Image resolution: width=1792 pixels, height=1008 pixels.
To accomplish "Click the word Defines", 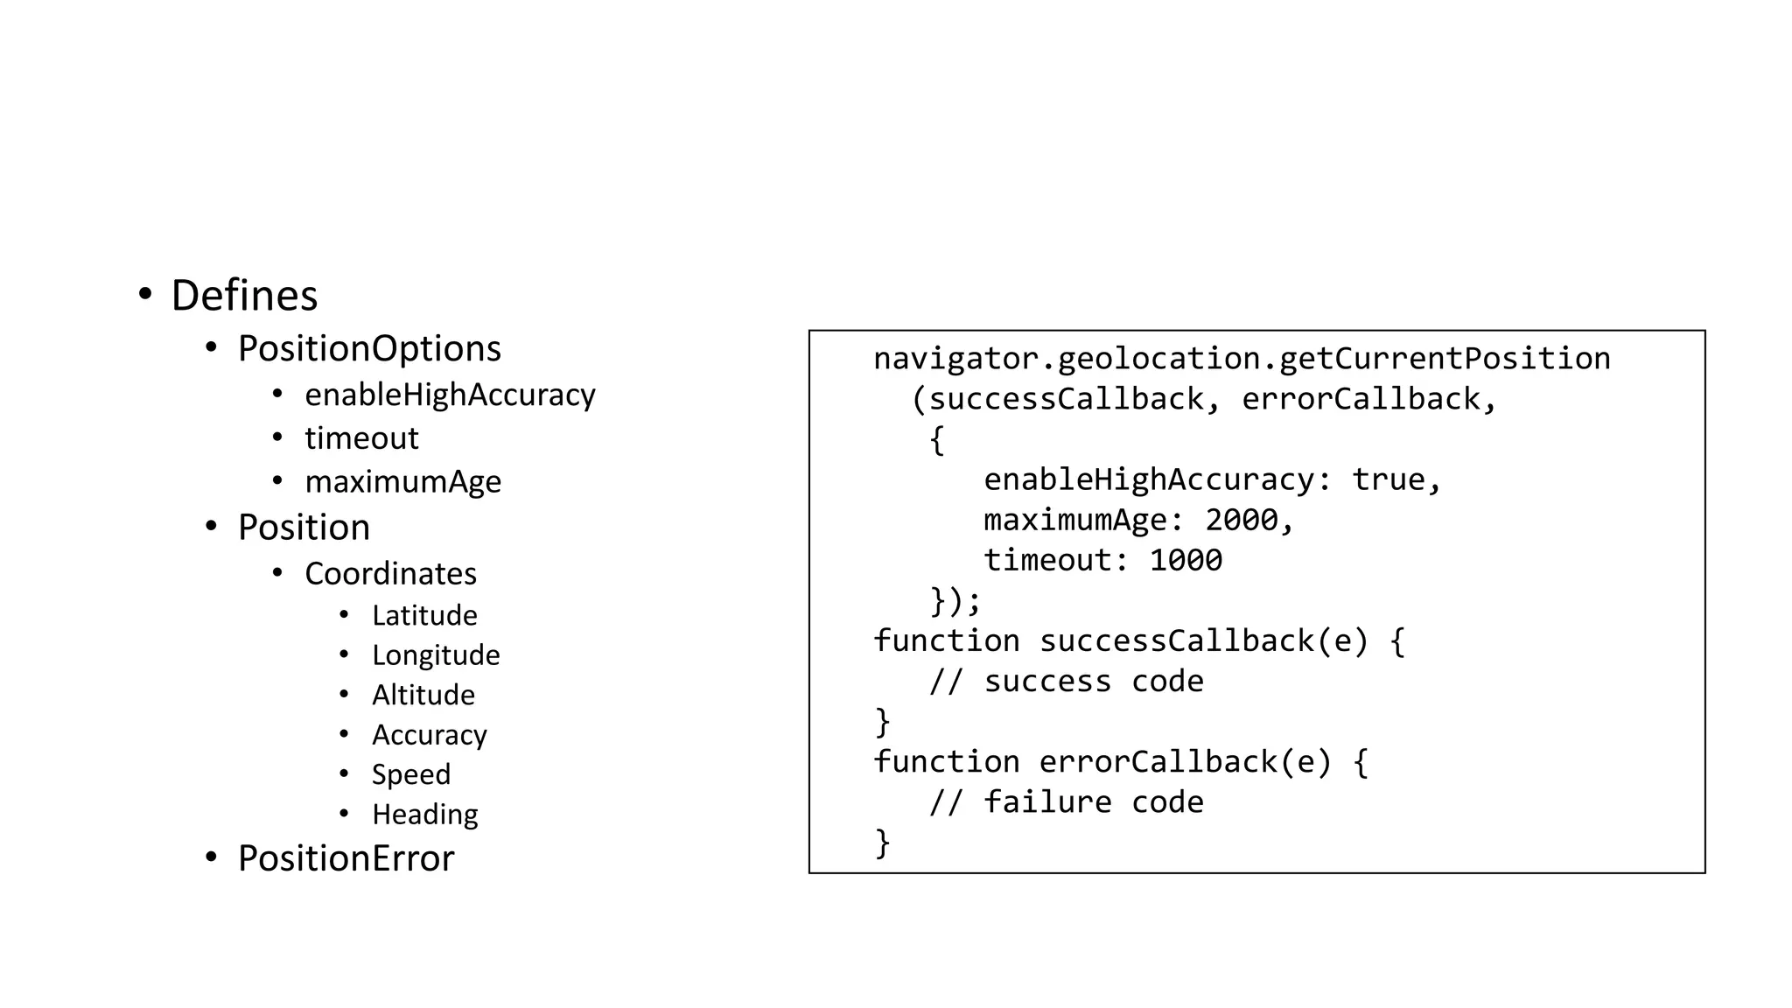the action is coord(244,296).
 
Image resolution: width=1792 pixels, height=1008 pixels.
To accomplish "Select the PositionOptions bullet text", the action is coord(369,348).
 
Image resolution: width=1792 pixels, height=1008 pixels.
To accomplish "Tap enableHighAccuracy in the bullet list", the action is coord(450,395).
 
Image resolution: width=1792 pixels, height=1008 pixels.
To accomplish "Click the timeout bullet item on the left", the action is coord(361,437).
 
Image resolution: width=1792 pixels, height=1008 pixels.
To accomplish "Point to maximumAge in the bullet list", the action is coord(402,481).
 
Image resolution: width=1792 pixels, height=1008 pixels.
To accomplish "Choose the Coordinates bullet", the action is coord(390,574).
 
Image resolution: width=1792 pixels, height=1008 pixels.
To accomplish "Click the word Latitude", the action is coord(424,615).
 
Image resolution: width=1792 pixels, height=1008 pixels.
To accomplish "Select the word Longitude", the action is coord(436,655).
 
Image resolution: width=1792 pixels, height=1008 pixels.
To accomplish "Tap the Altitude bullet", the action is coord(423,695).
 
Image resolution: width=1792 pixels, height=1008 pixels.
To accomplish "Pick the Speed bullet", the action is coord(411,774).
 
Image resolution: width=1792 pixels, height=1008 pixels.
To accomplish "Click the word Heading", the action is coord(425,815).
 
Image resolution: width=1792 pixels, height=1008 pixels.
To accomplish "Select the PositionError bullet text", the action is coord(346,858).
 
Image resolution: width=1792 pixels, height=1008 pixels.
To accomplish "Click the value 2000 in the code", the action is coord(1242,521).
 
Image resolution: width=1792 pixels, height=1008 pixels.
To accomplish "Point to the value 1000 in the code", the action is coord(1186,561).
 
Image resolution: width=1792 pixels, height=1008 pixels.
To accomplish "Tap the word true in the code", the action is coord(1388,479).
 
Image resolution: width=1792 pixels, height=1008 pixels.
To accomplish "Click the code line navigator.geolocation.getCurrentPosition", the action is coord(1242,359).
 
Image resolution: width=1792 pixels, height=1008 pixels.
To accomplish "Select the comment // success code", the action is coord(1066,682).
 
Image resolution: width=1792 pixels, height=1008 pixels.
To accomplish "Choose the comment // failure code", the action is coord(1066,802).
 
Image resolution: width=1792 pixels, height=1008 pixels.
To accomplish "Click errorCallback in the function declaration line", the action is coord(1158,762).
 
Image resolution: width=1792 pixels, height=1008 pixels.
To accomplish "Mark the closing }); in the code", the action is coord(955,601).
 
